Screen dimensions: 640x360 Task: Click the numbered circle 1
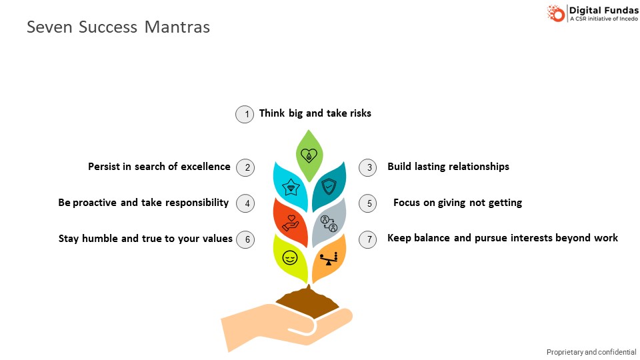click(245, 114)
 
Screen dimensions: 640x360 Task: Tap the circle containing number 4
click(245, 203)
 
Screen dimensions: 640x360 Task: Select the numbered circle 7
click(368, 239)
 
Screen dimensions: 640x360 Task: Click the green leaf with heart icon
click(309, 155)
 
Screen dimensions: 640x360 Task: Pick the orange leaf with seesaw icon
click(329, 259)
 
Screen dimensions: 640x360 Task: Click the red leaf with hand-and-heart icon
click(290, 223)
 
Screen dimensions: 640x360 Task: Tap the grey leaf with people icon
click(329, 223)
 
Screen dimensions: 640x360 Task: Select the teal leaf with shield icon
click(329, 187)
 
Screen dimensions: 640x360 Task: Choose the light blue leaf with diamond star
click(290, 187)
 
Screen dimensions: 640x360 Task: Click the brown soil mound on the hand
click(307, 301)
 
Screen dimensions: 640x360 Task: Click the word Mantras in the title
click(177, 27)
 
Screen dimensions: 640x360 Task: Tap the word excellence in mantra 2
click(205, 167)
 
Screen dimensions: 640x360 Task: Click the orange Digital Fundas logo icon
click(556, 13)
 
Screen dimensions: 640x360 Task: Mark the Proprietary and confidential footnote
click(591, 352)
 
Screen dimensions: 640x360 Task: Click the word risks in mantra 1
click(361, 113)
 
